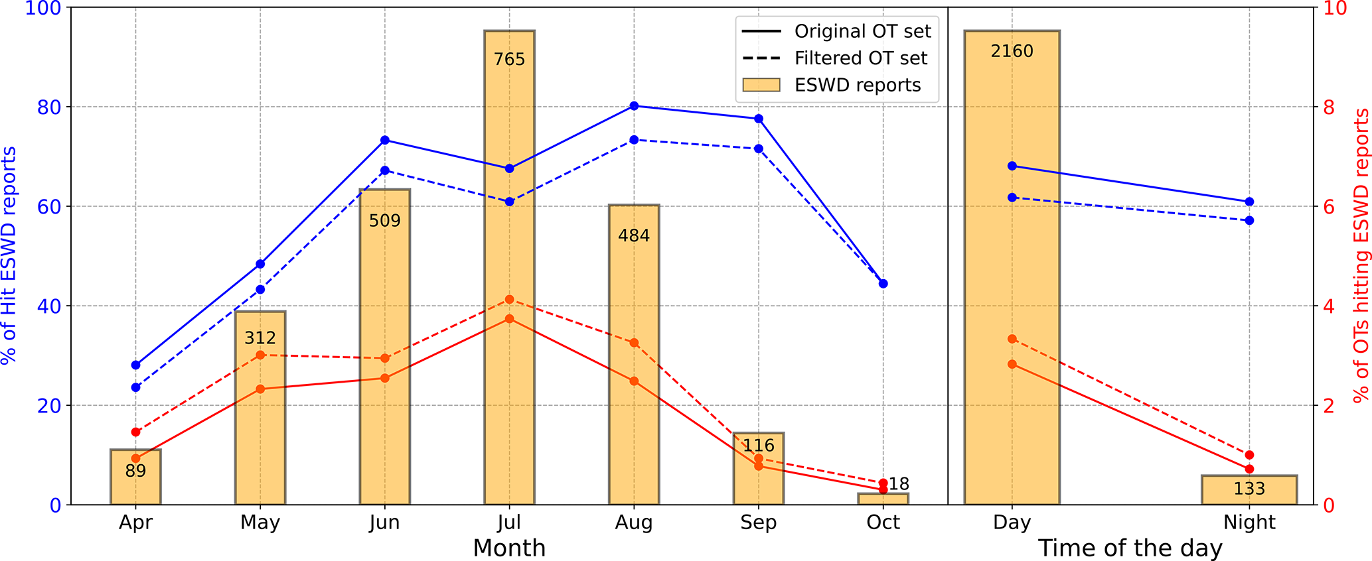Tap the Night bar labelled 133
pyautogui.click(x=1249, y=490)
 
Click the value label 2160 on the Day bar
pyautogui.click(x=1012, y=51)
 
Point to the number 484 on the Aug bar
pyautogui.click(x=634, y=235)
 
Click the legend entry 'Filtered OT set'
pyautogui.click(x=860, y=58)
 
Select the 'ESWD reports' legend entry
pyautogui.click(x=858, y=86)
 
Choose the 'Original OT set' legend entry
pyautogui.click(x=862, y=31)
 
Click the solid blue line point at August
pyautogui.click(x=634, y=106)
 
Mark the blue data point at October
pyautogui.click(x=883, y=284)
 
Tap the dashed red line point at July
pyautogui.click(x=509, y=300)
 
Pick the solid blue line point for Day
pyautogui.click(x=1012, y=166)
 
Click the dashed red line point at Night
pyautogui.click(x=1249, y=455)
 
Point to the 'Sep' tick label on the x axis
pyautogui.click(x=758, y=523)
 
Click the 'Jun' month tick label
pyautogui.click(x=384, y=523)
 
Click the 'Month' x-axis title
pyautogui.click(x=509, y=548)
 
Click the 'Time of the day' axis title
pyautogui.click(x=1130, y=548)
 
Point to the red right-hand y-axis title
pyautogui.click(x=1360, y=255)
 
